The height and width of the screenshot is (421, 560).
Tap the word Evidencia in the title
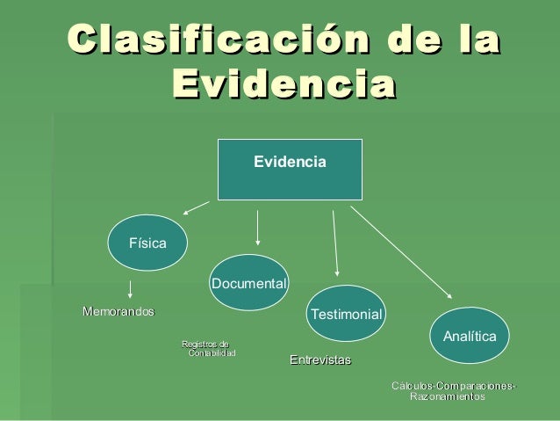(283, 87)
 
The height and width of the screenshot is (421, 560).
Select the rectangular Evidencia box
(290, 166)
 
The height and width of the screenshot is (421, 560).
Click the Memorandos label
(118, 311)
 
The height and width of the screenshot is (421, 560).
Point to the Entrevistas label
(320, 360)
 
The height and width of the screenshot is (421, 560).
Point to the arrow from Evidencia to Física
(196, 208)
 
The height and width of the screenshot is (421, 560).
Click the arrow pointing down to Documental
(257, 227)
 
